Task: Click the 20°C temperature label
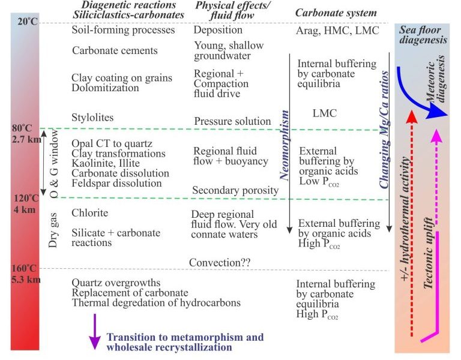pos(28,22)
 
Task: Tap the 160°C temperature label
pos(24,268)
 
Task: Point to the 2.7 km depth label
pos(26,139)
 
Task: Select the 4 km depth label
pos(25,209)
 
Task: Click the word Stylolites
pos(92,117)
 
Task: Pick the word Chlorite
pos(89,212)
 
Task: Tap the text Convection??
pos(220,262)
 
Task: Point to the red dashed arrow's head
pos(412,116)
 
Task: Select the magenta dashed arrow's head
pos(436,137)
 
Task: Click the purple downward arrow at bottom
pos(95,332)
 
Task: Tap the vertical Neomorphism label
pos(284,145)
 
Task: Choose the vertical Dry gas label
pos(53,230)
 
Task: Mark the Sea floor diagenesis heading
pos(423,35)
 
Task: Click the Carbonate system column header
pos(336,13)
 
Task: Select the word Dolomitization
pos(105,88)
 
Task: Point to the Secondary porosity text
pos(235,190)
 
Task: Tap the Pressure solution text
pos(232,121)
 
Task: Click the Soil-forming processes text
pos(124,30)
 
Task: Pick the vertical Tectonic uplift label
pos(429,253)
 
